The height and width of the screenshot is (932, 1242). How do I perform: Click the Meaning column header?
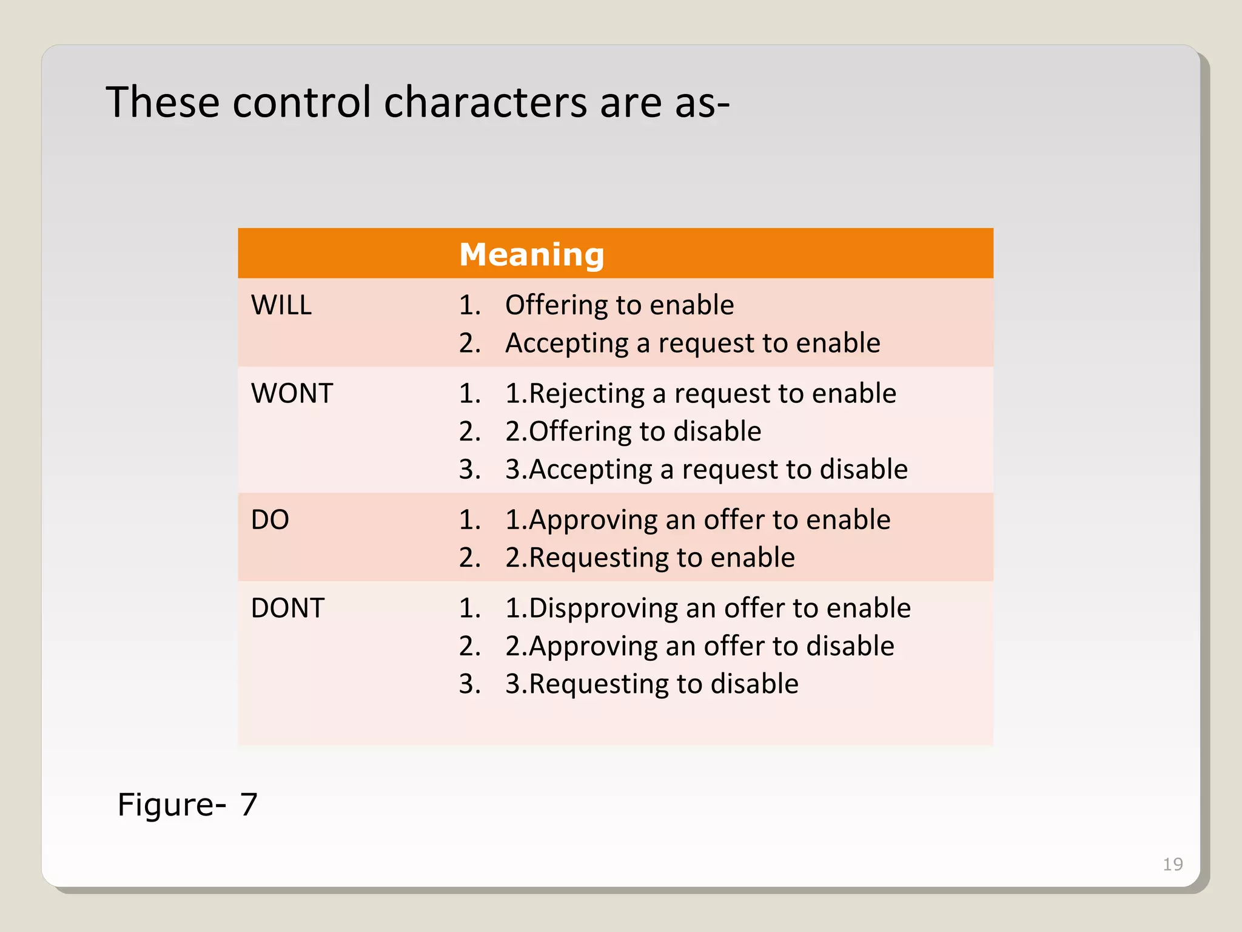[x=531, y=254]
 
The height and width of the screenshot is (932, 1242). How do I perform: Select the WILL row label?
[x=281, y=305]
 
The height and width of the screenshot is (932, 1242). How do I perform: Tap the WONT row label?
[x=292, y=393]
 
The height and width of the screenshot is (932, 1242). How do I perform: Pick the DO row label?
[x=270, y=519]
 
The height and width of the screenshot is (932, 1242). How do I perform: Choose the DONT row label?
[x=287, y=608]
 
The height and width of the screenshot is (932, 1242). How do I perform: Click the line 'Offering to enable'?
[x=619, y=305]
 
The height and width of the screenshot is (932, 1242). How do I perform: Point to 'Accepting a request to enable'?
[x=692, y=343]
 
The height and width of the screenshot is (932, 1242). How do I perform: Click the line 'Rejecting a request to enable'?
[x=700, y=393]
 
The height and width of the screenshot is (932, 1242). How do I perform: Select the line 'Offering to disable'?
[x=633, y=431]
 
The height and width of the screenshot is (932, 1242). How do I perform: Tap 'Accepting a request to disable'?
[x=707, y=470]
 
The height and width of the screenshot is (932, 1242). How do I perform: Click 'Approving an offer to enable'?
[x=697, y=520]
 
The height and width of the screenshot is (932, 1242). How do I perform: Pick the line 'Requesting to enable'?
[x=650, y=558]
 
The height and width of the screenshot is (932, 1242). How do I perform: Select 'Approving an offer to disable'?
[x=699, y=646]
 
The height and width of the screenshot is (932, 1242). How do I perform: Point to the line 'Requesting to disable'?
[x=652, y=684]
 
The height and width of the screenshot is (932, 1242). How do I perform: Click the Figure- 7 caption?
[x=187, y=805]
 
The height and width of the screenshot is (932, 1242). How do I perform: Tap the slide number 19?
[x=1172, y=864]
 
